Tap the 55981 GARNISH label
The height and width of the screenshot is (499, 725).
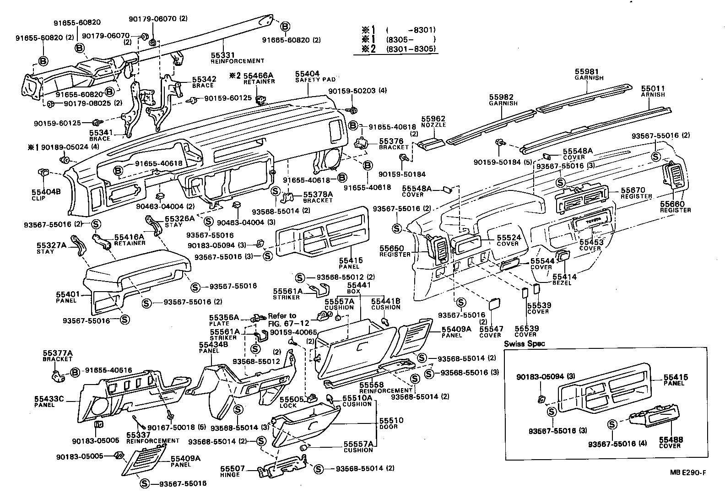[x=589, y=75]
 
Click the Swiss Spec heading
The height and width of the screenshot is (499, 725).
[x=525, y=344]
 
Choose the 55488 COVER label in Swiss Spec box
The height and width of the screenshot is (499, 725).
[x=671, y=442]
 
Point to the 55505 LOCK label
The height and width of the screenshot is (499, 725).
[x=288, y=402]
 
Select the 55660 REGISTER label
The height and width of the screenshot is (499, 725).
[x=675, y=206]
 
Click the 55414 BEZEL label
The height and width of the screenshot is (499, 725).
[x=564, y=280]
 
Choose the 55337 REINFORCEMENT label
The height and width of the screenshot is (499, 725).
[x=152, y=437]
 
